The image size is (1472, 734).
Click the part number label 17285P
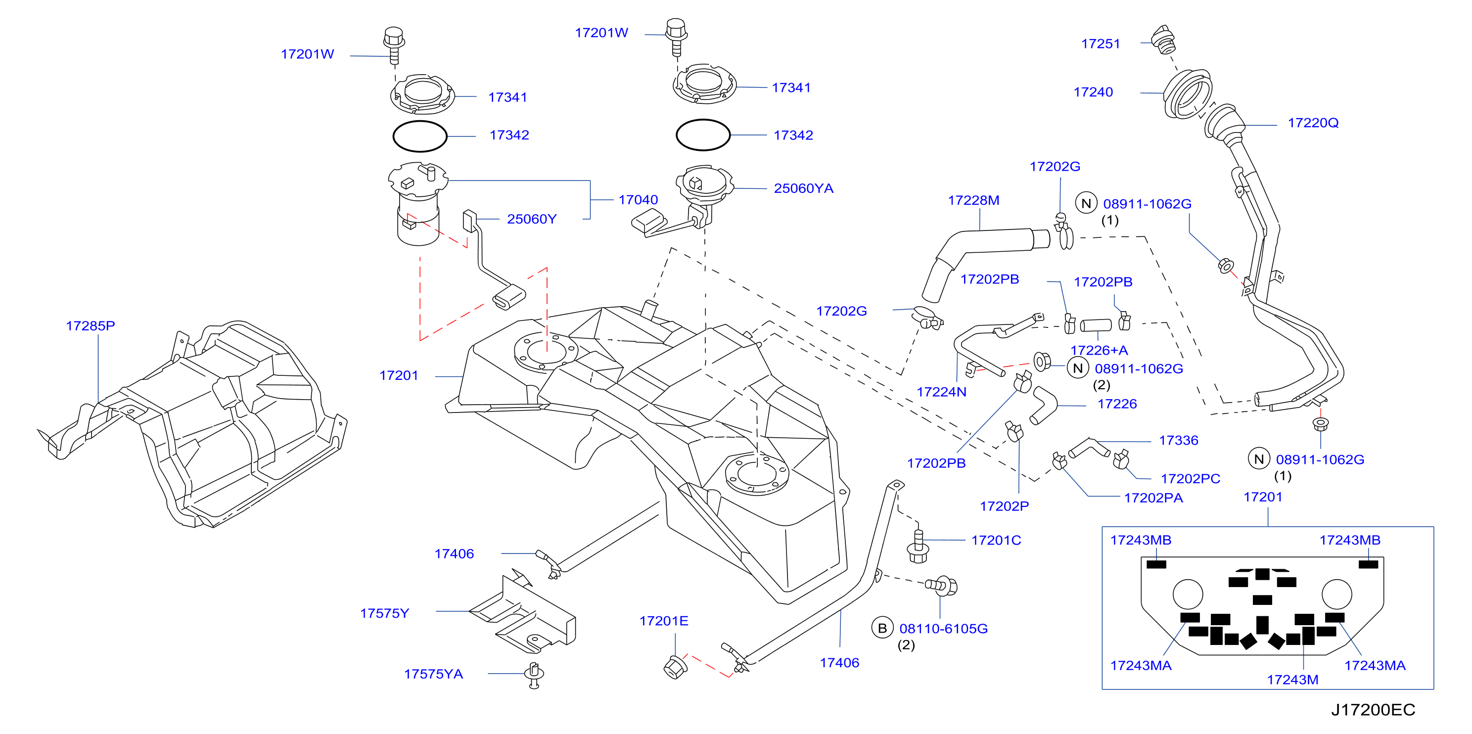point(91,325)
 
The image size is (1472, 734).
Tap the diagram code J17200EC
point(1373,709)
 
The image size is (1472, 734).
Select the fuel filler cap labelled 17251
point(1163,40)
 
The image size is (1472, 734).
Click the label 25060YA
point(803,188)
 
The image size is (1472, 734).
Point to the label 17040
point(638,200)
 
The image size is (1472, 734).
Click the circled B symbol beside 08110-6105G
point(882,628)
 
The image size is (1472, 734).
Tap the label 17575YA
point(433,674)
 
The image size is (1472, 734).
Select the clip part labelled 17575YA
point(534,676)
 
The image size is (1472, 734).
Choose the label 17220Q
point(1313,123)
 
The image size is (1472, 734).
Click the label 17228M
point(974,200)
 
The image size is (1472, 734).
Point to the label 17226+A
point(1099,350)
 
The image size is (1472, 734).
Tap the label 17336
point(1178,440)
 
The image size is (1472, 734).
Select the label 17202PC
point(1190,479)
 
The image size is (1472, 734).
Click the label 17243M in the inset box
point(1292,680)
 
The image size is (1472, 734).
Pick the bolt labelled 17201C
point(918,546)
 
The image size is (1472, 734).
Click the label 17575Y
point(385,613)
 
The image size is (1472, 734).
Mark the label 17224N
point(942,392)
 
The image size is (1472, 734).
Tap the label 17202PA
point(1153,498)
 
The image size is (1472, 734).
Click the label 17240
point(1093,92)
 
